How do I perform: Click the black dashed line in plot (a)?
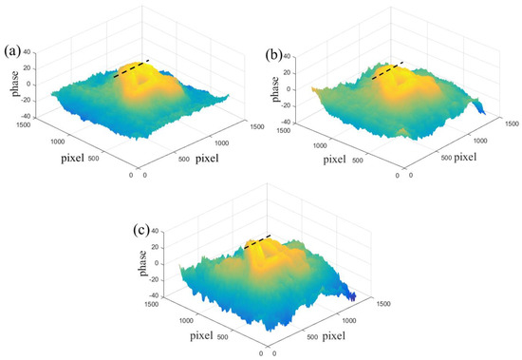point(132,67)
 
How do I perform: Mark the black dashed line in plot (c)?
point(257,242)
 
